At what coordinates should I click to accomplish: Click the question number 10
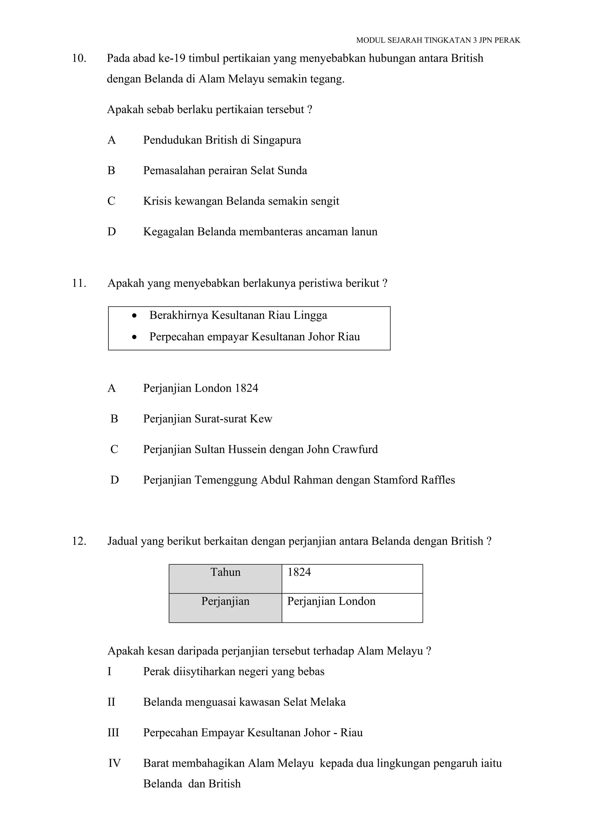[79, 58]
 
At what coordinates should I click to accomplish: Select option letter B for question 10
[111, 170]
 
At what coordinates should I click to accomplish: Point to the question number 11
[79, 283]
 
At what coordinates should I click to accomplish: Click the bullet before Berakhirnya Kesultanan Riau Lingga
[135, 316]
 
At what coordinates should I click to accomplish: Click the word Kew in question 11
[261, 419]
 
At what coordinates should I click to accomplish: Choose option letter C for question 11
[114, 449]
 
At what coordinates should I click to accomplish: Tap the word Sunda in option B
[292, 170]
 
